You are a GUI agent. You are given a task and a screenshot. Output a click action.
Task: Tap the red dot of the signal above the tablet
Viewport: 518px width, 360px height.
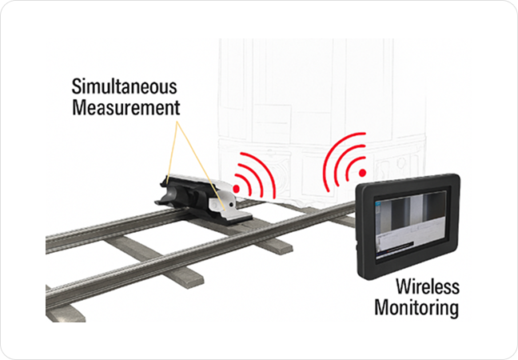coord(362,171)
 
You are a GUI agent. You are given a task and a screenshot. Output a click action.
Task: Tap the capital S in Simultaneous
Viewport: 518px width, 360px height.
coord(77,86)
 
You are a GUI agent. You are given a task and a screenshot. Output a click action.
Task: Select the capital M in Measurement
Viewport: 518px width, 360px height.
coord(78,106)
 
